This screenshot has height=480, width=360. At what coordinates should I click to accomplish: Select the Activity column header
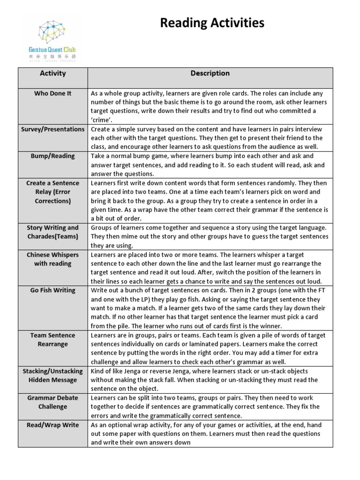53,73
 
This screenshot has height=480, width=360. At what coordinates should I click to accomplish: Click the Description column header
210,73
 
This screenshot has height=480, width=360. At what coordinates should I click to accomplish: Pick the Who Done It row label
53,93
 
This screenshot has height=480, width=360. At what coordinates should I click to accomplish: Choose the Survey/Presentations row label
53,129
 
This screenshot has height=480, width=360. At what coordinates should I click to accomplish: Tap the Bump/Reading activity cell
53,156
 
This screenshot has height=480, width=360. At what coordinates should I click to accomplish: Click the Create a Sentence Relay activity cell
53,192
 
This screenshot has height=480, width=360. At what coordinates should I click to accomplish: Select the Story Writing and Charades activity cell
53,232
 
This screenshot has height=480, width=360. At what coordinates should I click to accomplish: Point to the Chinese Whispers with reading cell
53,259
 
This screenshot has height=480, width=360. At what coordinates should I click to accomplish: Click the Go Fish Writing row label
53,290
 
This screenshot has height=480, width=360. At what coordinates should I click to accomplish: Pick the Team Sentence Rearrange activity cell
53,340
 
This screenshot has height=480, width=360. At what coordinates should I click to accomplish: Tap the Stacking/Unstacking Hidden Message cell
53,375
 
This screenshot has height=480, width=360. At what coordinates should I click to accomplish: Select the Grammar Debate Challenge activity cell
53,402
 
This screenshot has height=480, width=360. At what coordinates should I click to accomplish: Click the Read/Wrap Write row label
53,425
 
